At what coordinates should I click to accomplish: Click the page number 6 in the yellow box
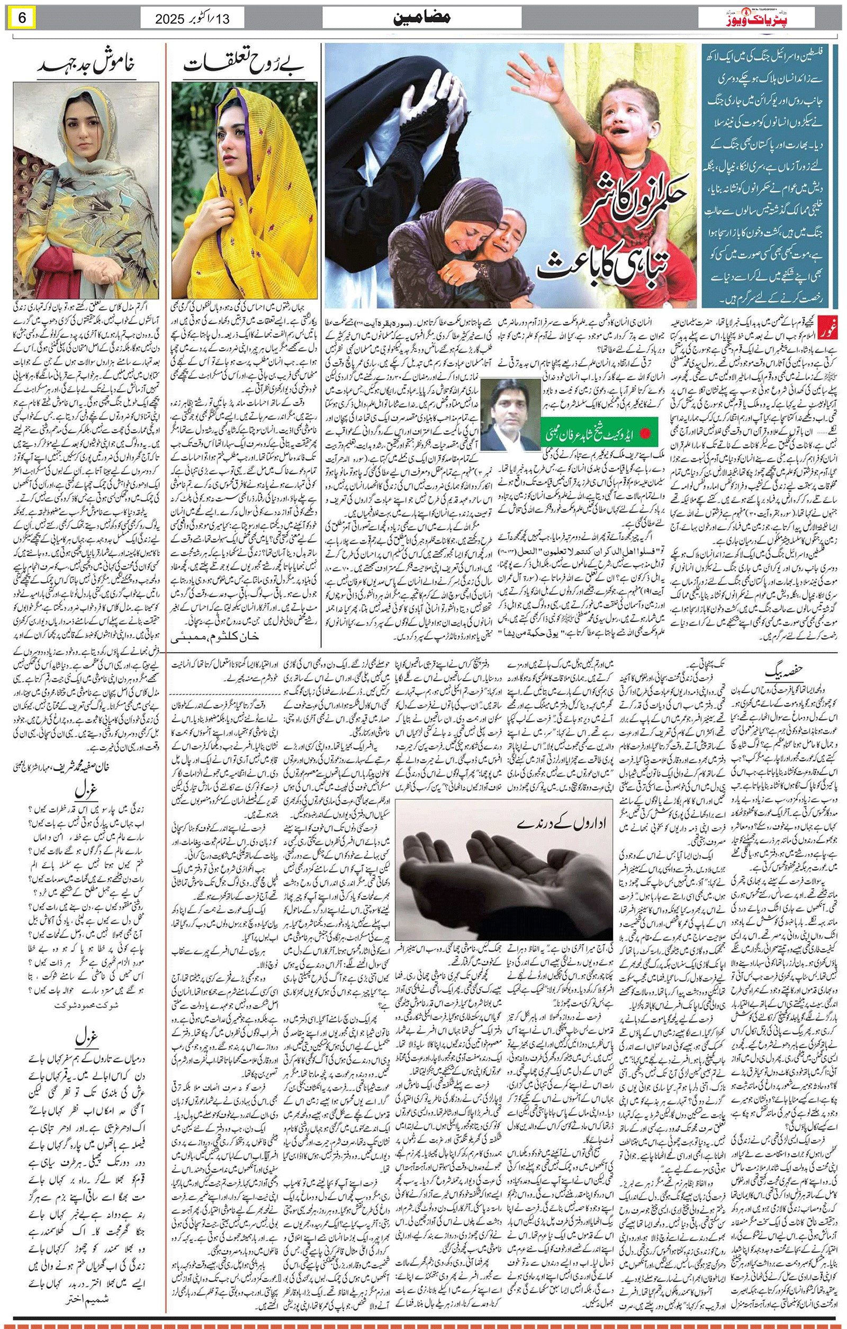pos(23,17)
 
